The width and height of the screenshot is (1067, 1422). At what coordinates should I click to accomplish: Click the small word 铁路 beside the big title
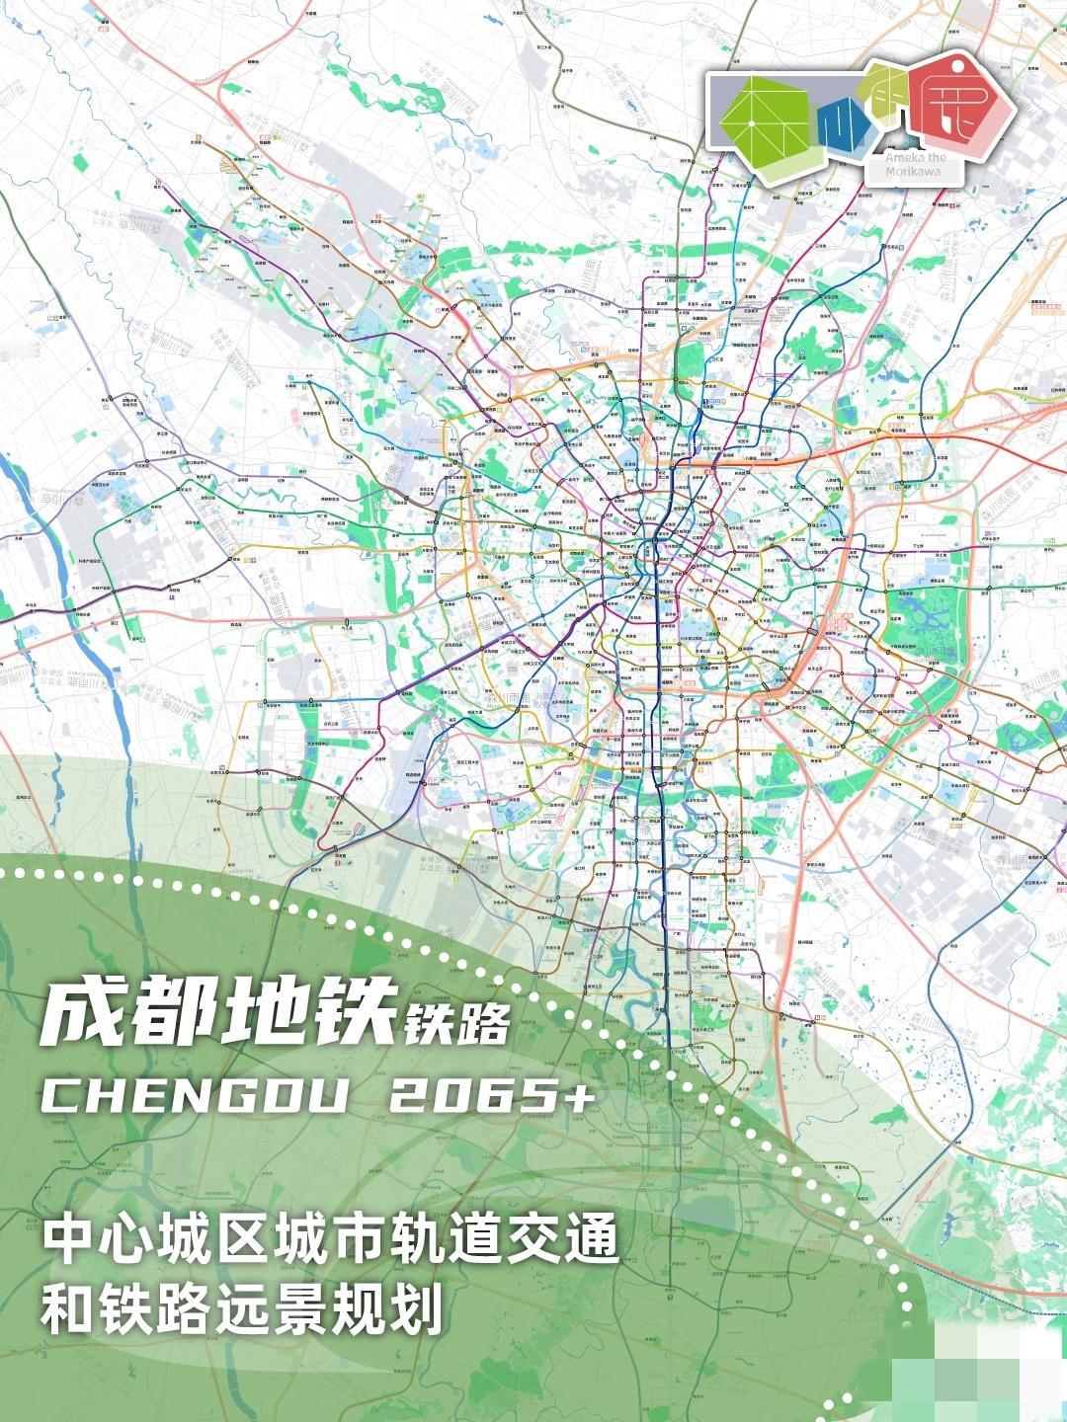(453, 1025)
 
